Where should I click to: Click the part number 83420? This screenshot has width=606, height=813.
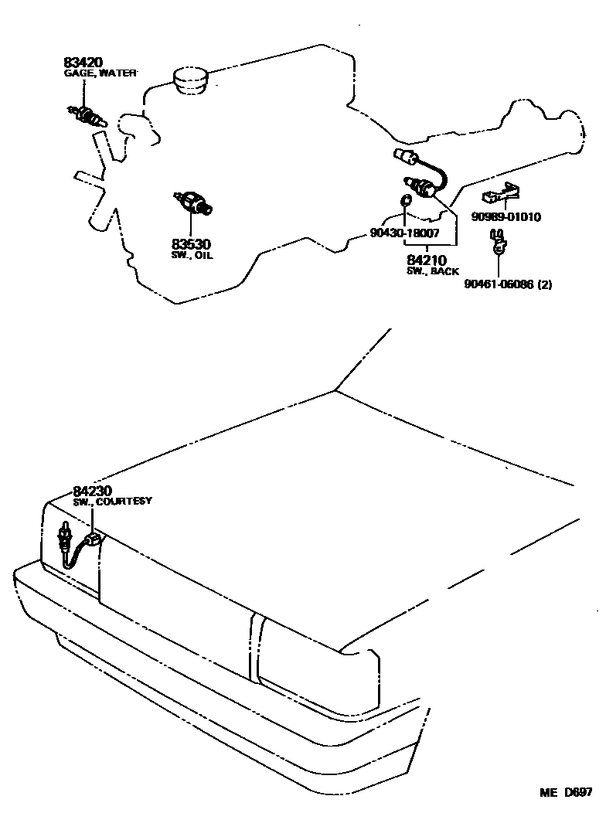coord(82,62)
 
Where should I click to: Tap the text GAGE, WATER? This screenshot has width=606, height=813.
coord(100,73)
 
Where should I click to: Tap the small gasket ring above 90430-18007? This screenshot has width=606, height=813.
coord(404,202)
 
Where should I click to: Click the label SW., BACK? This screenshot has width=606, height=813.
coord(432,271)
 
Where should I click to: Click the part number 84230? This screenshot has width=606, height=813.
coord(93,491)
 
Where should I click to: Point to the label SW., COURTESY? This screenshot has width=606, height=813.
coord(113,502)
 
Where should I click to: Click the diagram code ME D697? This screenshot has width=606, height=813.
coord(566,793)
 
